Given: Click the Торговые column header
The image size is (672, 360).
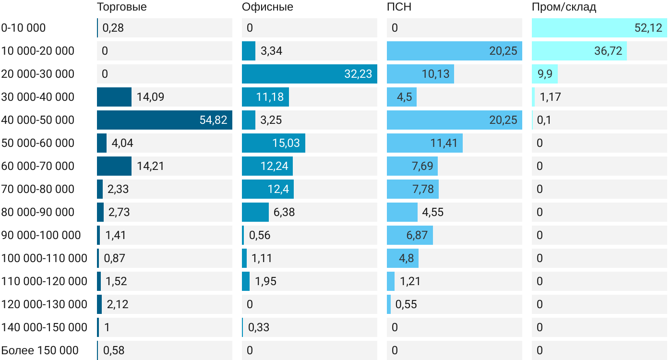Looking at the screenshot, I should [121, 7].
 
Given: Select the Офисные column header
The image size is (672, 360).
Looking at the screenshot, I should [267, 7].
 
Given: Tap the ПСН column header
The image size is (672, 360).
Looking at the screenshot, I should [399, 7].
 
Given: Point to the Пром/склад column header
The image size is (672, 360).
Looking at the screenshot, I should [564, 7].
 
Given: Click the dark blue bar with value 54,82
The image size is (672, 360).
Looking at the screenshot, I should [164, 120].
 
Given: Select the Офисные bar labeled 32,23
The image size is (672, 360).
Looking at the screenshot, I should [309, 74].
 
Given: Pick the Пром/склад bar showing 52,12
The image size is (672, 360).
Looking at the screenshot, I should [599, 28].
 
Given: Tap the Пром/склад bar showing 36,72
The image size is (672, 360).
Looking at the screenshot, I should [579, 51].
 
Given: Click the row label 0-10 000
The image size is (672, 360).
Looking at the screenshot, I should [24, 28].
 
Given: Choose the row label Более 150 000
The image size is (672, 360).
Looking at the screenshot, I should [40, 350].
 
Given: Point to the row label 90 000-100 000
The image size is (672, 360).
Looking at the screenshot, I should [41, 235].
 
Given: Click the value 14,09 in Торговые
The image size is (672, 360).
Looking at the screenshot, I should [150, 97].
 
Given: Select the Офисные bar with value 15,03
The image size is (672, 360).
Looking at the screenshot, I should [273, 143].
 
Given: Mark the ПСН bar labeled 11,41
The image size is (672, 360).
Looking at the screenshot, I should [424, 143].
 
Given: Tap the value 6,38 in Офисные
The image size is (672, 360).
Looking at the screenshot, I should [284, 212].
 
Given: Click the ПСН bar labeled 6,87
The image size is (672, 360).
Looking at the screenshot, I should [409, 235].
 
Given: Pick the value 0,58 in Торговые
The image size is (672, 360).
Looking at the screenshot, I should [114, 350].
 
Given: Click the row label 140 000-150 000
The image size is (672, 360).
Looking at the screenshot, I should [44, 327].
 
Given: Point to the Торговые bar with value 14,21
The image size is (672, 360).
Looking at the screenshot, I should [114, 166].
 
